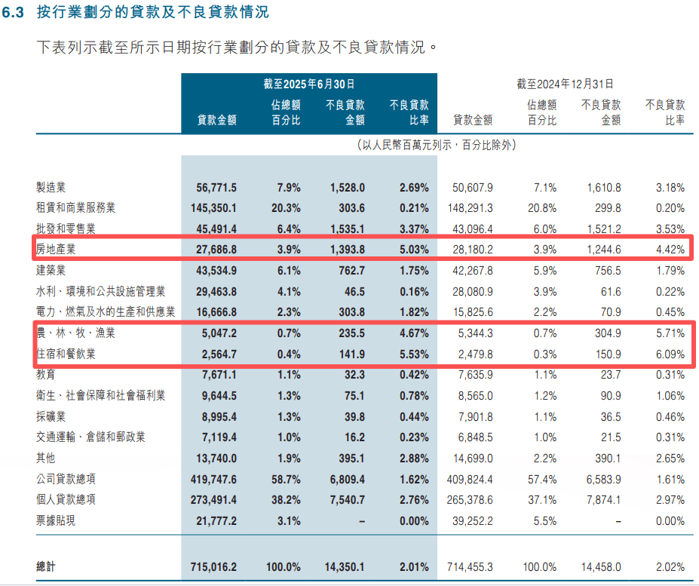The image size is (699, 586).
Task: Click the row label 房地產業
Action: point(58,247)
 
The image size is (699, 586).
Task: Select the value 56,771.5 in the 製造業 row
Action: point(216,187)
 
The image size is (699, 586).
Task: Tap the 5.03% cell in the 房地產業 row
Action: point(414,247)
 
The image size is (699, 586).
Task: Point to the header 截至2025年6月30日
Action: point(308,84)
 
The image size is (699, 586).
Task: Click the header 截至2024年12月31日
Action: point(565,84)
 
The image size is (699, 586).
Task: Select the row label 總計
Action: point(47,566)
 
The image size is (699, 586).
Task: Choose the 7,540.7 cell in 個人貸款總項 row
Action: point(345,499)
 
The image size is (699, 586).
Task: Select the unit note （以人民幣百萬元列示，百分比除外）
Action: point(436,144)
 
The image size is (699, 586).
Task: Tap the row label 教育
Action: point(46,374)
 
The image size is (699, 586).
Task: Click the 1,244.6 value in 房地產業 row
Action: point(601,247)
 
